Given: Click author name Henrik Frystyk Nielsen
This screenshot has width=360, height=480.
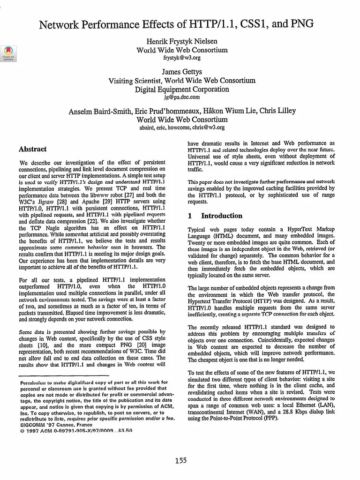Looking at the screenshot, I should (182, 42).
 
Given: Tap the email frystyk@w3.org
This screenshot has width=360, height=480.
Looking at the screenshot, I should (182, 58).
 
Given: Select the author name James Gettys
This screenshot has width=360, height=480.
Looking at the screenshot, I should (182, 72).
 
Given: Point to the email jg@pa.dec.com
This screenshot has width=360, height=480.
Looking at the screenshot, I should (182, 97).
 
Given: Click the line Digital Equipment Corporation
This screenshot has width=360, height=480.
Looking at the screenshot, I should (182, 89).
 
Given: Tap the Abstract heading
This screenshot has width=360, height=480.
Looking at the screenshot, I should (32, 149).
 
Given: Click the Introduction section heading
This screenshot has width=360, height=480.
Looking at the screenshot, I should (222, 216).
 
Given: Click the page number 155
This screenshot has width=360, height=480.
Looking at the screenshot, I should (181, 461).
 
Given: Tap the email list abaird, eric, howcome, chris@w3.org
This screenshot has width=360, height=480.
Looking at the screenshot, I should (182, 127).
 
